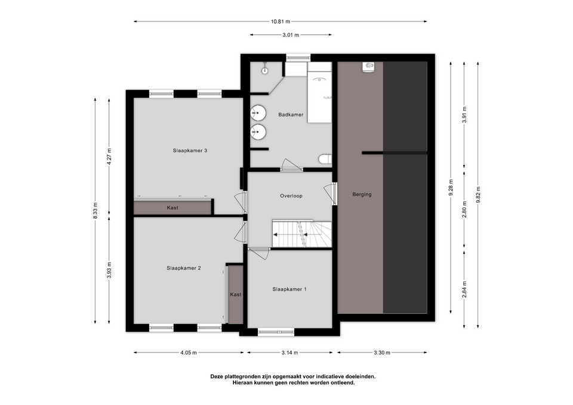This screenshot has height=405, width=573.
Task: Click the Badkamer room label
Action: (291, 115)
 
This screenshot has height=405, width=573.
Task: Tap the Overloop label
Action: (291, 196)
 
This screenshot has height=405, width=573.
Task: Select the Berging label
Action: (362, 194)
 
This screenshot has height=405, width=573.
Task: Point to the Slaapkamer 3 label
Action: (190, 150)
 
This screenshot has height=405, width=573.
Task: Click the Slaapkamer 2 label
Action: (184, 268)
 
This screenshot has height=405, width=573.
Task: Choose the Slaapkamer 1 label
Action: (289, 289)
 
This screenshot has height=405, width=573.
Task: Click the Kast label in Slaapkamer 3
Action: (172, 208)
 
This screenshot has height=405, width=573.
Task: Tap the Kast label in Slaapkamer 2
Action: (236, 294)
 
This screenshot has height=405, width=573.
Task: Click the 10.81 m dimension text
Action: (281, 21)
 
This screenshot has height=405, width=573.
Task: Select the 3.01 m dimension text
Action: (291, 35)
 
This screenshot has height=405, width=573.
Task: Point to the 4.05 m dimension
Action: (189, 353)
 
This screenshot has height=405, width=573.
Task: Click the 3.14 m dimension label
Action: (290, 353)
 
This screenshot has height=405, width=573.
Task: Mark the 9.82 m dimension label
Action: (478, 195)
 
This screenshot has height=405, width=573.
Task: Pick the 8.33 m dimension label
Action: (95, 211)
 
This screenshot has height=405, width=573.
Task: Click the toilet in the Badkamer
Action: (325, 160)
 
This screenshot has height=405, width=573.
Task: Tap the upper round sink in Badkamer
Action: (258, 113)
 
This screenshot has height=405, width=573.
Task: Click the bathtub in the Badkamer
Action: (319, 92)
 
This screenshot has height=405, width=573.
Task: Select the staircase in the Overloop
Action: (302, 234)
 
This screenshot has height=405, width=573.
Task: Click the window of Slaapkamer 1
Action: (276, 332)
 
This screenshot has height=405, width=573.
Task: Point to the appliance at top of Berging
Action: (368, 67)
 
